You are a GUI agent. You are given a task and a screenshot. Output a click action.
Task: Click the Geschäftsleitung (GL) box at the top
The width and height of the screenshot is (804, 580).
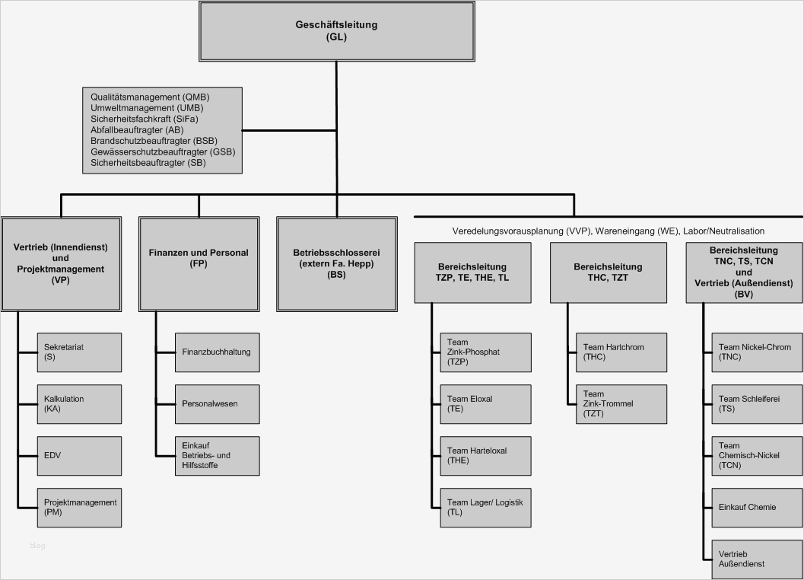point(335,30)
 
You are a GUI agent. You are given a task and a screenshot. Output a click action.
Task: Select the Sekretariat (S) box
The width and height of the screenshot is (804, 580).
point(79,352)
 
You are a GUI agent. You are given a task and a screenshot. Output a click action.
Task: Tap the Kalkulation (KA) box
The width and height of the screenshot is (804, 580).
point(79,403)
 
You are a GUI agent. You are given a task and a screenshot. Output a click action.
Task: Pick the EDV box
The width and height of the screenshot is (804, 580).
point(79,455)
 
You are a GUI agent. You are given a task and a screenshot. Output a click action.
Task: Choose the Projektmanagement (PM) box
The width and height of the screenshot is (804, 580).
point(79,507)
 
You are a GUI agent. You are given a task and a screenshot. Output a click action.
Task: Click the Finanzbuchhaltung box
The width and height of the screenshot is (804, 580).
point(217,352)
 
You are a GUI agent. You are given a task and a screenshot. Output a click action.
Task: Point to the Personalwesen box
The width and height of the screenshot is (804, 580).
point(217,403)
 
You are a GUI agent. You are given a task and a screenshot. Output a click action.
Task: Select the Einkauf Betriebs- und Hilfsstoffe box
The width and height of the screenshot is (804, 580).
point(217,455)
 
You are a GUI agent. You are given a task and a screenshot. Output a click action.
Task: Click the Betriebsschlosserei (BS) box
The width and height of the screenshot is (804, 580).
point(336,263)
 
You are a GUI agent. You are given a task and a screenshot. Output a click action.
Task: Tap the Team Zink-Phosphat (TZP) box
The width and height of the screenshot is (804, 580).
point(485,352)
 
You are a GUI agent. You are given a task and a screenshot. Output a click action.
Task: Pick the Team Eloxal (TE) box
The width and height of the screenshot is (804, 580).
point(485,403)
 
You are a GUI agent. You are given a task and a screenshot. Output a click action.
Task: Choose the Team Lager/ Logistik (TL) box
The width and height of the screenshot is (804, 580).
point(485,507)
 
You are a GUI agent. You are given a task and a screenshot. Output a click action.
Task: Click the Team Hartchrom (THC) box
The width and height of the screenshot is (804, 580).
point(621,352)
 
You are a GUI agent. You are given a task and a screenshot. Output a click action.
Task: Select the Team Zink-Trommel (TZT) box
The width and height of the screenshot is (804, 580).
point(621,403)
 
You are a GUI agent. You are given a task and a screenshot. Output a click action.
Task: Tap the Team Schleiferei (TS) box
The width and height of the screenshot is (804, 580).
point(755,403)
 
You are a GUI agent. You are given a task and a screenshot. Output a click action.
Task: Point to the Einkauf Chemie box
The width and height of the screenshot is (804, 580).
point(755,507)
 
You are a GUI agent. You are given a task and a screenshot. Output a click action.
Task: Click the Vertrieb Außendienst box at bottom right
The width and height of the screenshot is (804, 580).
point(755,559)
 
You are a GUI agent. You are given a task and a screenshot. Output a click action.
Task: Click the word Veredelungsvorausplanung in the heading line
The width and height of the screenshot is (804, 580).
point(502,231)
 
